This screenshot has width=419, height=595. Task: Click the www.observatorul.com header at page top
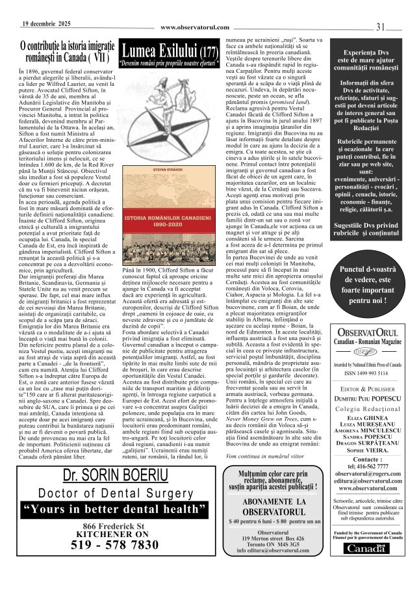point(195,27)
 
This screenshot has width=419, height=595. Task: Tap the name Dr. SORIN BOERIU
point(114,476)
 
